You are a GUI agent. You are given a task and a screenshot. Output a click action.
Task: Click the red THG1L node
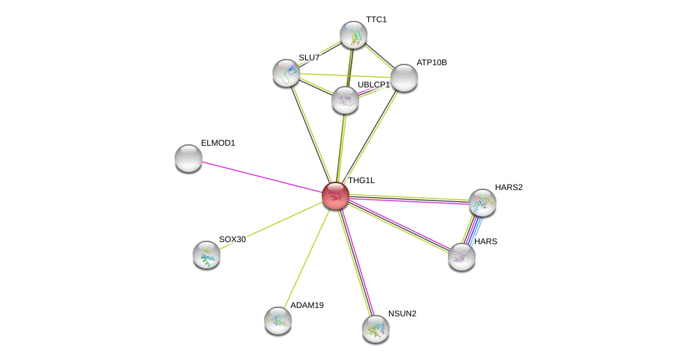click(336, 196)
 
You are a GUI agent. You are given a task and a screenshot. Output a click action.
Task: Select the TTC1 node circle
click(353, 35)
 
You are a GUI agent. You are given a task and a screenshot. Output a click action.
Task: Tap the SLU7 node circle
click(286, 73)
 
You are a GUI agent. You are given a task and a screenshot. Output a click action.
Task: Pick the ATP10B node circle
click(404, 78)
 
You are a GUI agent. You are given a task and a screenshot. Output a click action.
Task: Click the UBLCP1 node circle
click(345, 100)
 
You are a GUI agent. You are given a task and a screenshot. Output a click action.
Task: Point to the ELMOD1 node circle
click(189, 158)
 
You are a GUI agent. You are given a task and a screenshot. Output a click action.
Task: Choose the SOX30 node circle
click(207, 255)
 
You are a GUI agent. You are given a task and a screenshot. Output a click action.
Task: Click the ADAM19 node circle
click(278, 320)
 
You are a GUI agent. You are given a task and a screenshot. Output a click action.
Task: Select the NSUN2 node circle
click(376, 329)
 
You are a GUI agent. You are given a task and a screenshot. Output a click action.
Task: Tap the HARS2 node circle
click(483, 203)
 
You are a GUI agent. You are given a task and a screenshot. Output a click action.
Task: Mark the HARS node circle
click(462, 257)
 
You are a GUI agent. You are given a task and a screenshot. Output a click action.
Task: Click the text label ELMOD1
click(218, 143)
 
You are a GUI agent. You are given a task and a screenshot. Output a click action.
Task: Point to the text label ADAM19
click(306, 305)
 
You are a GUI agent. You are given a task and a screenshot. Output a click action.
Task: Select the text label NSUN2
click(402, 314)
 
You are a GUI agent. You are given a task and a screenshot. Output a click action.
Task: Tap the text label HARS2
click(509, 187)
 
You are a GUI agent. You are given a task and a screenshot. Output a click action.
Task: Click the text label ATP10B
click(431, 62)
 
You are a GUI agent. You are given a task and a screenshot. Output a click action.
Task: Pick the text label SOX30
click(232, 239)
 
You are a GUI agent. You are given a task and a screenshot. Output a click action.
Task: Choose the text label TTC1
click(376, 19)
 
